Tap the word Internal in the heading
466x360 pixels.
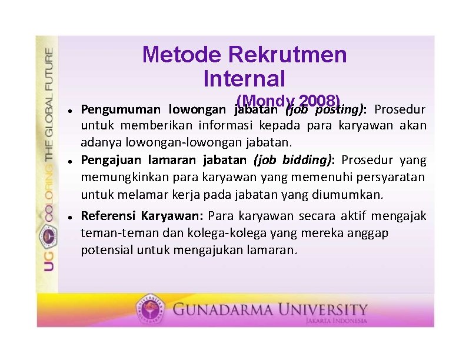(x=244, y=78)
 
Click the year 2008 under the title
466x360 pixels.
(x=319, y=101)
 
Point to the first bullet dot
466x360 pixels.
(x=69, y=110)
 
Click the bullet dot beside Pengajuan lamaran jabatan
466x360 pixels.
(x=69, y=161)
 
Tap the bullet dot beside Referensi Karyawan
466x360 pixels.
(x=69, y=216)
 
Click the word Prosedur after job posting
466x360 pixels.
(x=400, y=109)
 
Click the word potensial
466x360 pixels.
(x=106, y=249)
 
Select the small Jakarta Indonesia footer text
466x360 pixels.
(x=336, y=321)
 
